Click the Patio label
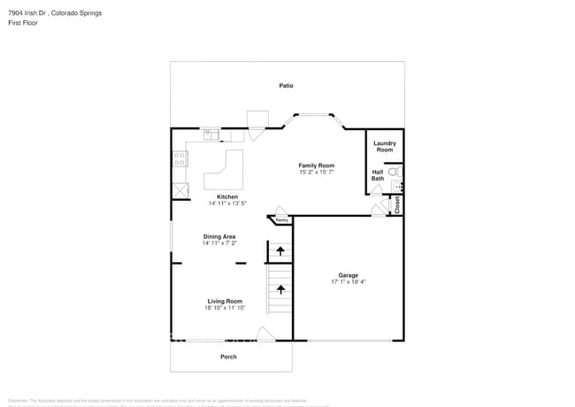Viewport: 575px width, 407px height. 286,86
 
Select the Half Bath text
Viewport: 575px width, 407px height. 378,175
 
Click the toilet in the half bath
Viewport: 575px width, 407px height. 395,172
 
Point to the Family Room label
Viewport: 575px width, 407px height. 316,165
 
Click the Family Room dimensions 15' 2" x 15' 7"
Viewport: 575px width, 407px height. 316,173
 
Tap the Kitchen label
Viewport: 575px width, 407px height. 227,196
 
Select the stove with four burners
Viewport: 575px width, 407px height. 180,159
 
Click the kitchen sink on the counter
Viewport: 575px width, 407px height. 211,135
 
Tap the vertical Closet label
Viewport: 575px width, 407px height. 398,204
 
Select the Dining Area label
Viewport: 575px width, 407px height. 219,236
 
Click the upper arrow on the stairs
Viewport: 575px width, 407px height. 280,251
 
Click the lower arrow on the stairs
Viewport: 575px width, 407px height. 280,288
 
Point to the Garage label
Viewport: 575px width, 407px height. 348,275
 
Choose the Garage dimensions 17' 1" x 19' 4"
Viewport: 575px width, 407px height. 348,282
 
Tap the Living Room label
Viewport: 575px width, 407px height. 225,301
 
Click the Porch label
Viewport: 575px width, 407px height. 228,357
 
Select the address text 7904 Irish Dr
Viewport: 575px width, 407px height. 29,13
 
